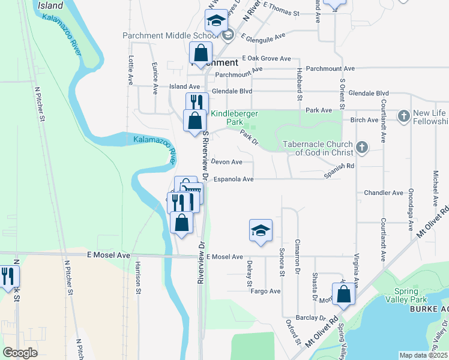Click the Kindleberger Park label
point(226,117)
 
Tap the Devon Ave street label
point(226,162)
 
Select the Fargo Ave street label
point(265,291)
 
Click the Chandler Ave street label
point(384,193)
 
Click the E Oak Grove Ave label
point(266,59)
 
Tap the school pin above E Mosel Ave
point(261,230)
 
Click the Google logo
point(20,352)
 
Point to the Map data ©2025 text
point(423,355)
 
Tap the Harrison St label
point(137,279)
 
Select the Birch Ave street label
point(364,119)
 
